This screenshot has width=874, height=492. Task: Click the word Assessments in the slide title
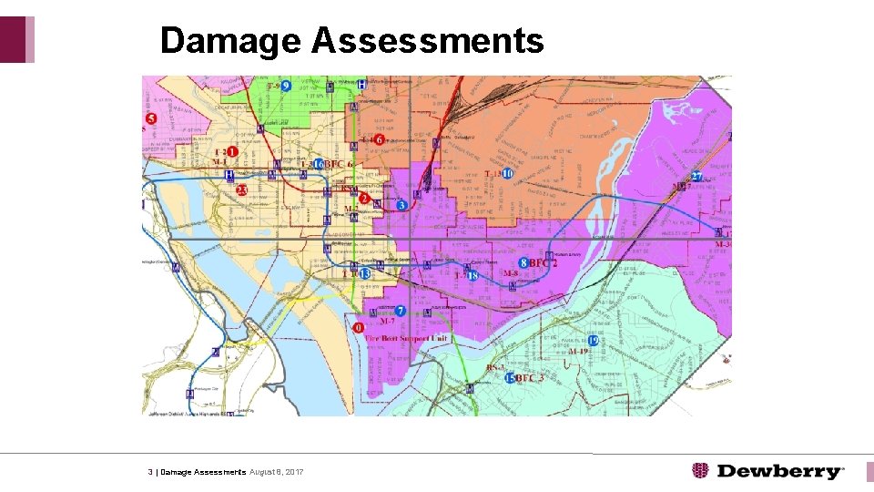427,41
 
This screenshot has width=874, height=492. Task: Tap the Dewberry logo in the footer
768,471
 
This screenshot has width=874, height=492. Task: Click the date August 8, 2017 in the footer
277,472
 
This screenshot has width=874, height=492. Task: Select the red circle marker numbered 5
151,119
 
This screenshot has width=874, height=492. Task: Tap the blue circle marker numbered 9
286,86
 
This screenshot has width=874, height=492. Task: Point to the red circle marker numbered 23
241,190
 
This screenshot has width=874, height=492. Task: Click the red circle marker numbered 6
378,139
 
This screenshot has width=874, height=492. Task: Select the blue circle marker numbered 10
507,173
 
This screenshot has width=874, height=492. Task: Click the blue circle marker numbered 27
696,176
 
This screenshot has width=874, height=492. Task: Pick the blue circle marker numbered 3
402,206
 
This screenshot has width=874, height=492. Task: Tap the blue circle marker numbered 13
365,273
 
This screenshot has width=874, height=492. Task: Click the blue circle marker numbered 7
401,311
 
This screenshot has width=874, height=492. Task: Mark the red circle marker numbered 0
359,327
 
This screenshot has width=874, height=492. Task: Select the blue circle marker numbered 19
593,341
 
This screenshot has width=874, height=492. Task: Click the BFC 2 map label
543,262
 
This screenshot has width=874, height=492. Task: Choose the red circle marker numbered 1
233,152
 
